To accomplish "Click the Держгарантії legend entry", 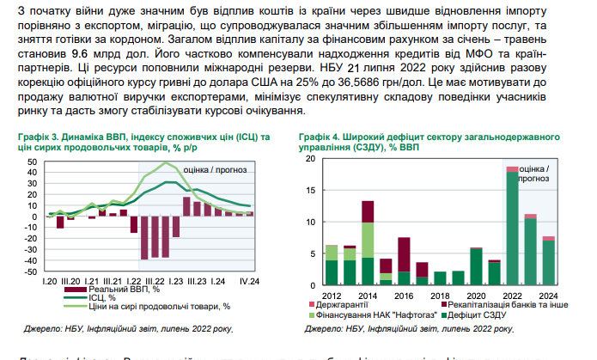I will point(336,303).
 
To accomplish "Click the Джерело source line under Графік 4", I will point(394,329).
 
